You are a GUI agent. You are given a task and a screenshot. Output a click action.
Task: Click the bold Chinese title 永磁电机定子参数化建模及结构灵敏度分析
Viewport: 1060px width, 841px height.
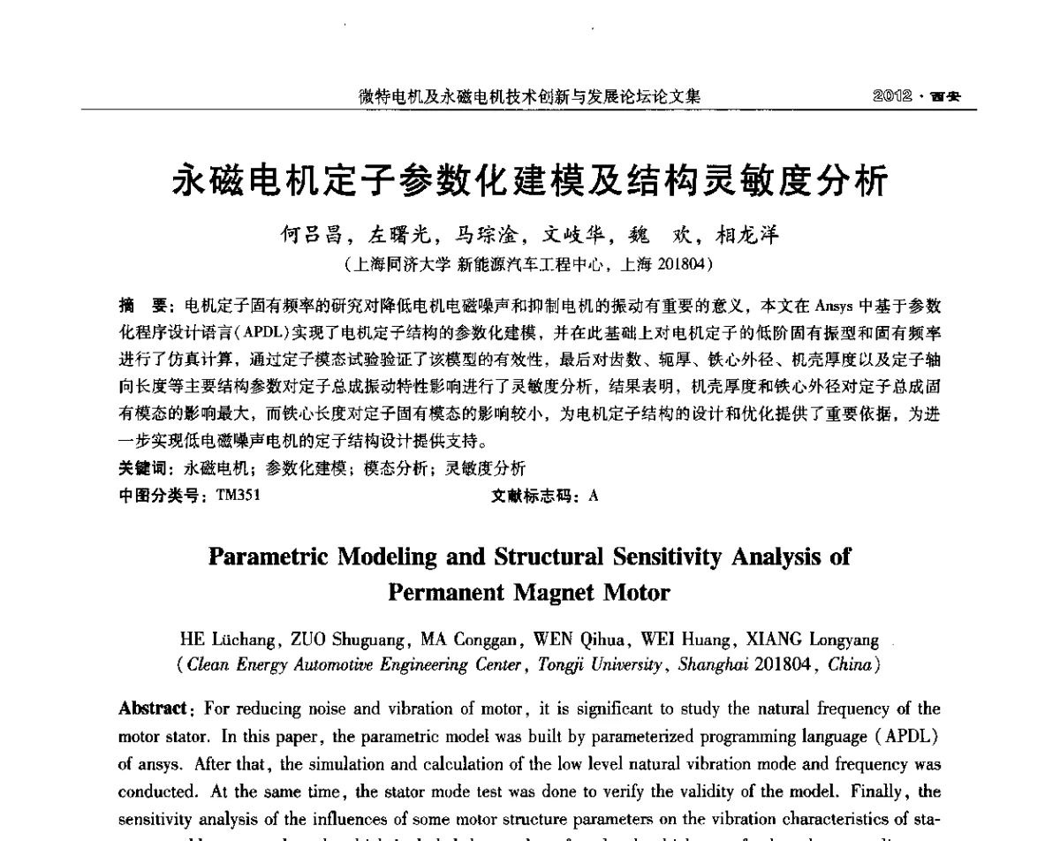point(529,182)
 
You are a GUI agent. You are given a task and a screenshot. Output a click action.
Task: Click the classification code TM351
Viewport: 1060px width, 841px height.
point(238,496)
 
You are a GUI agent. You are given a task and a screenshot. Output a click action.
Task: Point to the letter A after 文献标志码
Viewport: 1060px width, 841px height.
point(594,496)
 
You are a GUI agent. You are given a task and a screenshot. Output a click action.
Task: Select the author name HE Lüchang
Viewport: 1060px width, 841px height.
point(223,639)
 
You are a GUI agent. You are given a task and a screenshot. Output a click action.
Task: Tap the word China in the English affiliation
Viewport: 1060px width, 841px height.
point(850,664)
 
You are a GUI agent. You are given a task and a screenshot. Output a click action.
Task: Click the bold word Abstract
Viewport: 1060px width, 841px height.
point(152,708)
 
